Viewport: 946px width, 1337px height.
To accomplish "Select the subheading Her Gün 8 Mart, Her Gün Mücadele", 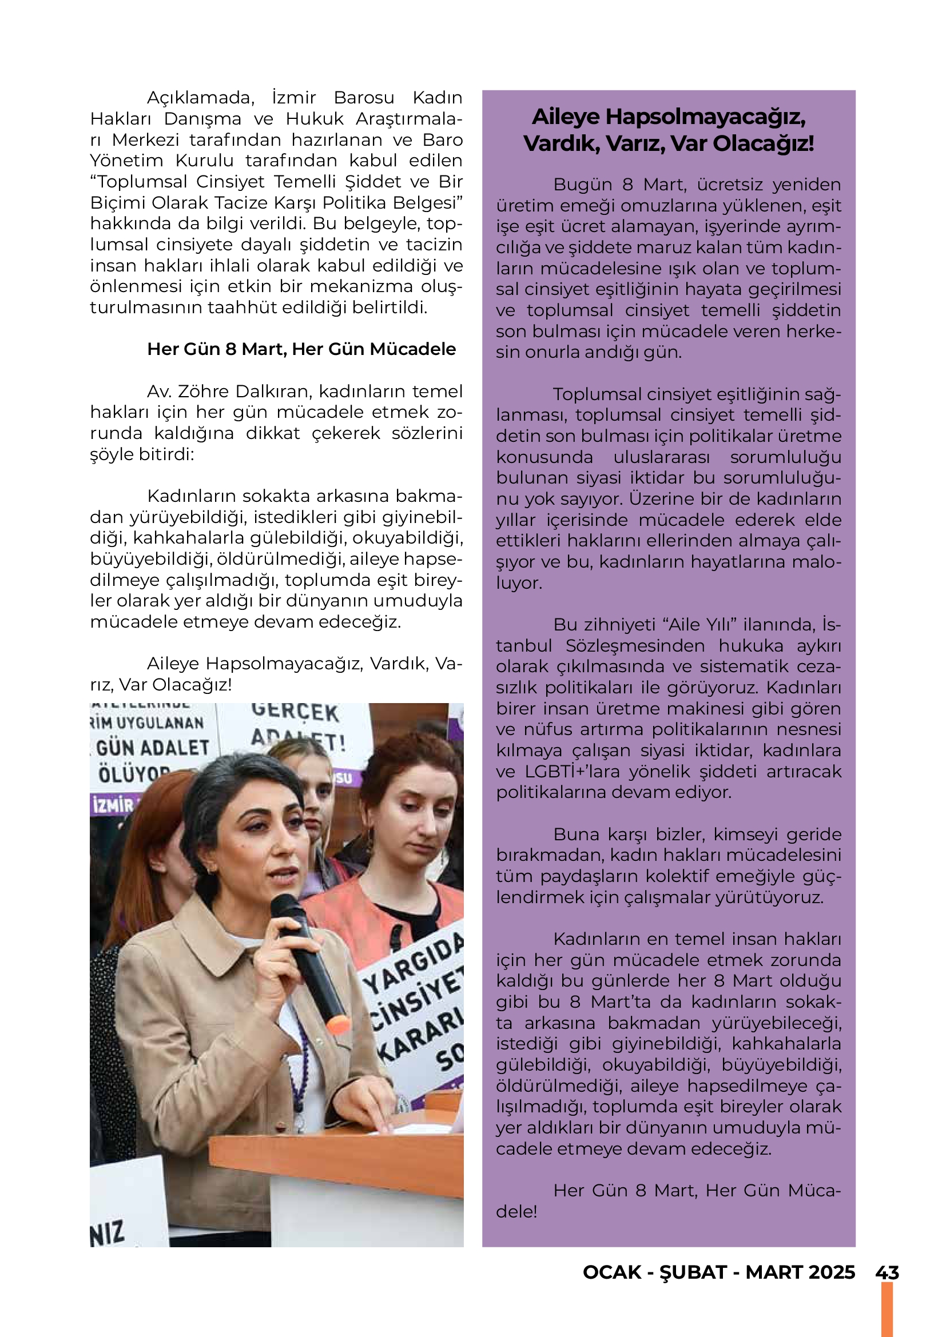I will [x=301, y=349].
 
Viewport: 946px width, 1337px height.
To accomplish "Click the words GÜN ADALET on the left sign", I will [x=153, y=748].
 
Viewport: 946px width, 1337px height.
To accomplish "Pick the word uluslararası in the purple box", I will [x=662, y=457].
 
